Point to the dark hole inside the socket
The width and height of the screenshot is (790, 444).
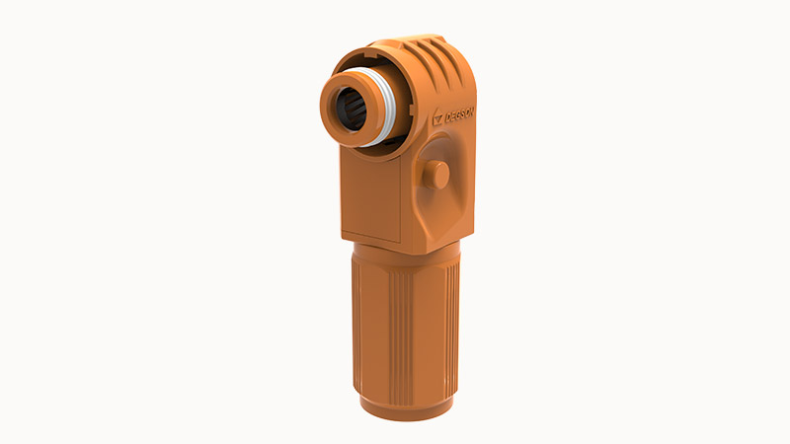pyautogui.click(x=350, y=109)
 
